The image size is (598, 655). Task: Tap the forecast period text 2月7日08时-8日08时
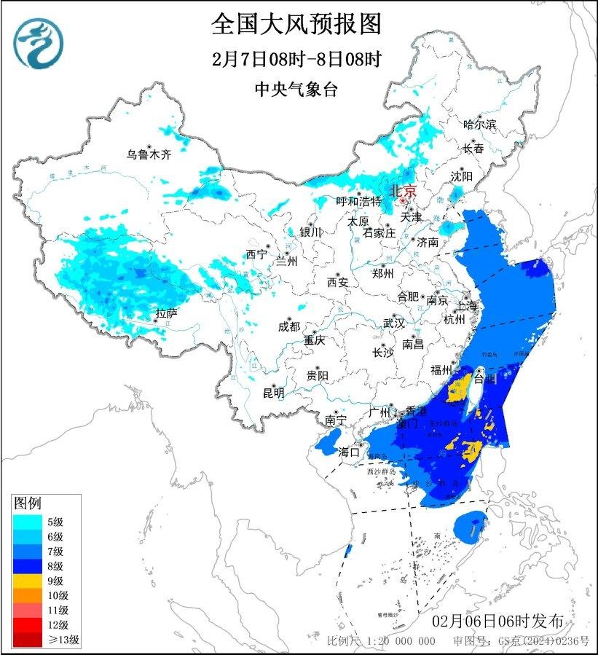click(x=297, y=59)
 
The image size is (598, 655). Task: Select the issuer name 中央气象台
click(x=296, y=90)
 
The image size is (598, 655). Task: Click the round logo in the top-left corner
click(x=39, y=42)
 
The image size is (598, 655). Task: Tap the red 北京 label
click(x=403, y=191)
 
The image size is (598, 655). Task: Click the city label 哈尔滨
click(x=479, y=125)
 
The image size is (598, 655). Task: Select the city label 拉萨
click(x=166, y=314)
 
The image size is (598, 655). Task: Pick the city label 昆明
click(x=274, y=393)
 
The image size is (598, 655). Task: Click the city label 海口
click(x=350, y=452)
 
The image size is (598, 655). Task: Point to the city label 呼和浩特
click(x=358, y=201)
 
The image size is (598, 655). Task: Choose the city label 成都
click(x=288, y=327)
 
